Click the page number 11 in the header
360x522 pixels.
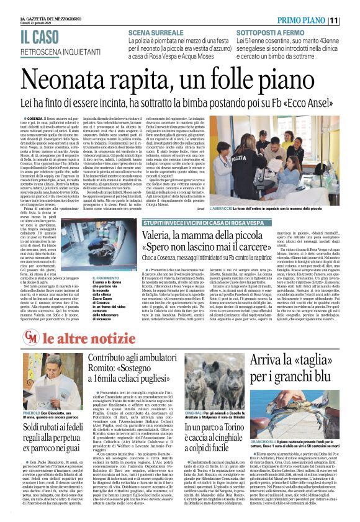(351, 20)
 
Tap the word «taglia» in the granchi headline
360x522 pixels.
(304, 361)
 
